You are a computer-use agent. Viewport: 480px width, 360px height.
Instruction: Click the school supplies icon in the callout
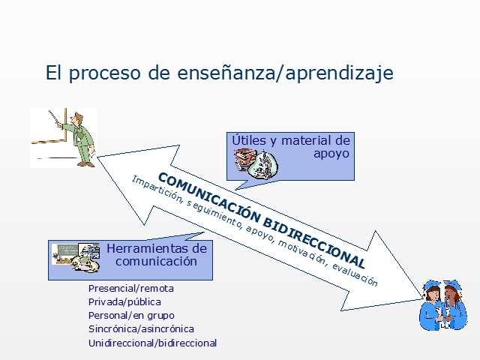[x=254, y=163]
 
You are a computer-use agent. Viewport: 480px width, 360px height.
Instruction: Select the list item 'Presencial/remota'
[x=130, y=288]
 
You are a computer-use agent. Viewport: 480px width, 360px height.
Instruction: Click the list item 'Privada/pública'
[x=124, y=301]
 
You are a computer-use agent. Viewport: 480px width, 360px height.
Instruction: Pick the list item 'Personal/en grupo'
[x=131, y=315]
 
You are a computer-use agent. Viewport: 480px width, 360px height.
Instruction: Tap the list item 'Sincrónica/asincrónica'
[x=141, y=328]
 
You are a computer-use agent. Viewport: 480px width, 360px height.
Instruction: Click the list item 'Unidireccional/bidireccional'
[x=152, y=343]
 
